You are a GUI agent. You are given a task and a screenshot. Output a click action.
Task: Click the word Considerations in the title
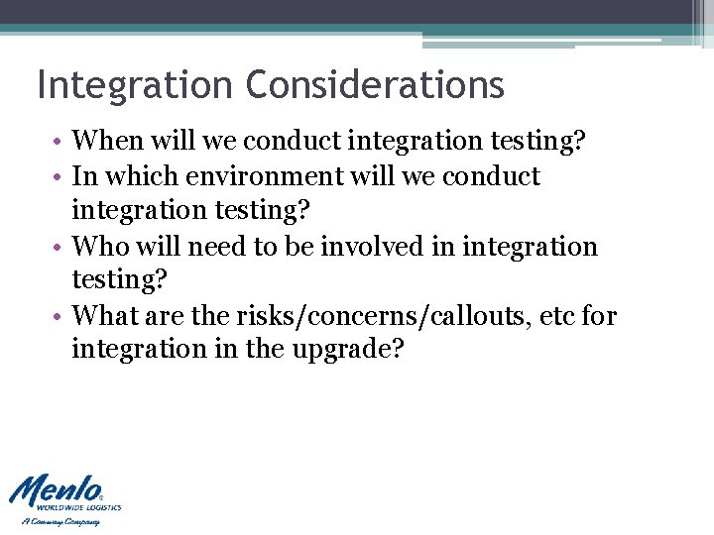click(x=375, y=85)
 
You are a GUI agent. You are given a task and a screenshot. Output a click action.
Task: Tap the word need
click(x=212, y=247)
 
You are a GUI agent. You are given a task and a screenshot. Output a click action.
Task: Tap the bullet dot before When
click(x=61, y=143)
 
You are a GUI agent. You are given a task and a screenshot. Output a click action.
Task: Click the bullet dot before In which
click(x=61, y=177)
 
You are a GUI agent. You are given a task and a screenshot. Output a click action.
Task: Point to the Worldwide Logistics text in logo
click(x=86, y=506)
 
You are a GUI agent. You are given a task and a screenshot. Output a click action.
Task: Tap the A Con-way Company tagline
click(x=60, y=521)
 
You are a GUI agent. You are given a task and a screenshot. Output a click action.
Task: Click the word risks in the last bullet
click(x=259, y=317)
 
